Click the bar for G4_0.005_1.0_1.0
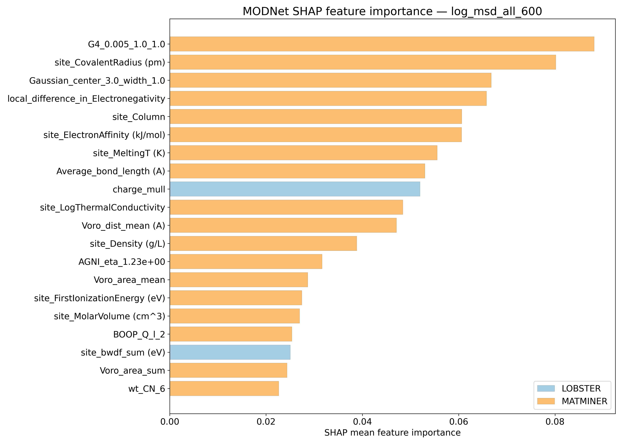(382, 44)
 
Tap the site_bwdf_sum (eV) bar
(230, 352)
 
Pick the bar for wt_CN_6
(224, 388)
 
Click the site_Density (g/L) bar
(263, 243)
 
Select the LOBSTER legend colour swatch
(546, 388)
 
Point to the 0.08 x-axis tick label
(555, 422)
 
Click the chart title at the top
(392, 12)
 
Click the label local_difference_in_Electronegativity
(86, 99)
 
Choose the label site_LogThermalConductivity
(103, 207)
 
